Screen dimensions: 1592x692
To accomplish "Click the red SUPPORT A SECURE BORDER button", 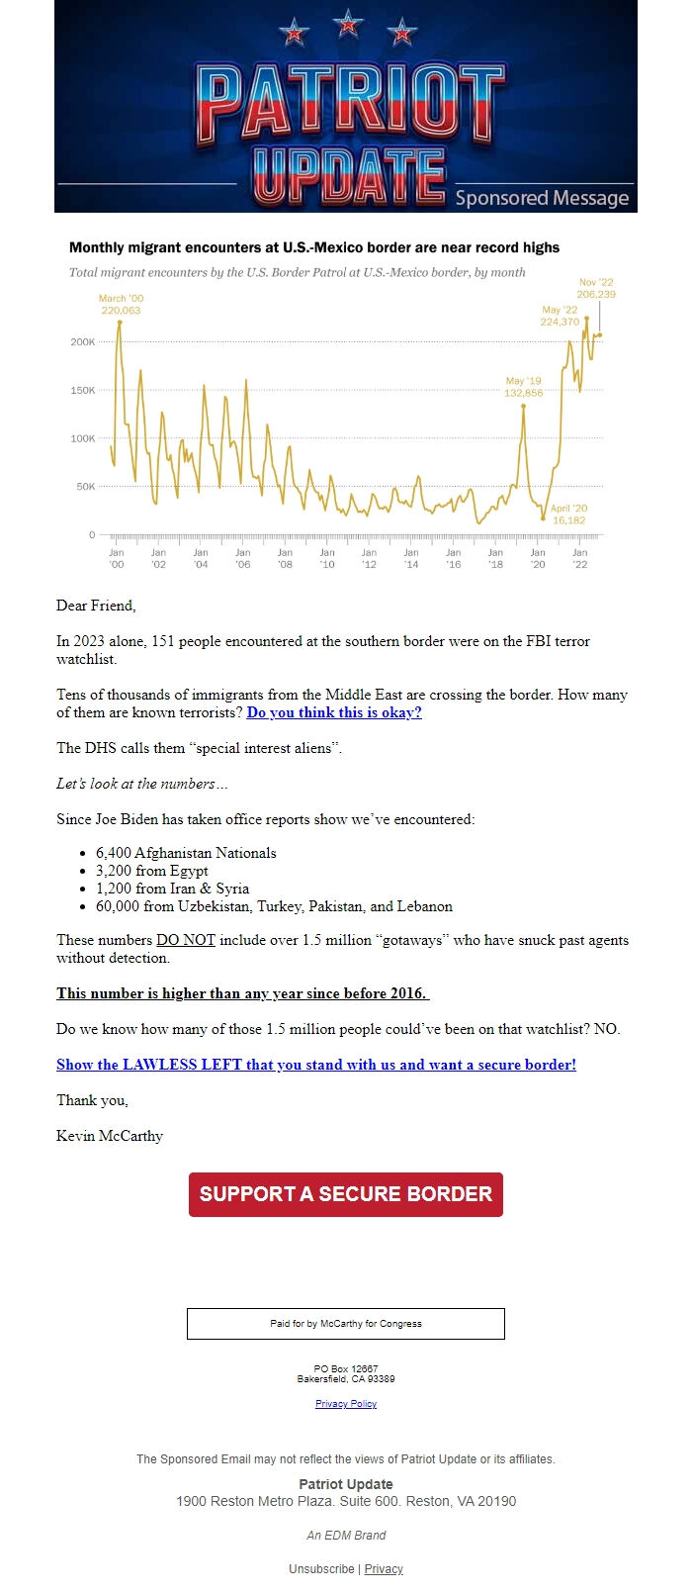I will tap(346, 1194).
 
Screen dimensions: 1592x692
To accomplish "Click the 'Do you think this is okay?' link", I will tap(334, 712).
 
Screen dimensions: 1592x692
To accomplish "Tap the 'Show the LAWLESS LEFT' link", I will tap(316, 1065).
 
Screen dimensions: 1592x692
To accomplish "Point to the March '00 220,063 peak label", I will tap(122, 305).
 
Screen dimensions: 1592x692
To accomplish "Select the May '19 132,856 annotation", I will tap(523, 387).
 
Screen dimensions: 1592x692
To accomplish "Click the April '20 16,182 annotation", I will tap(568, 515).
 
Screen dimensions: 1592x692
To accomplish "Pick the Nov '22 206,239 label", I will tap(596, 288).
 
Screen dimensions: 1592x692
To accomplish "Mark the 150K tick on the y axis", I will tap(82, 390).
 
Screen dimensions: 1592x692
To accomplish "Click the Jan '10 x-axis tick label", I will tap(327, 558).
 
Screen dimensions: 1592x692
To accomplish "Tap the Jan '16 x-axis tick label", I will tap(453, 558).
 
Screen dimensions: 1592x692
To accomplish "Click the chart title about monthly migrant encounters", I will tap(314, 247).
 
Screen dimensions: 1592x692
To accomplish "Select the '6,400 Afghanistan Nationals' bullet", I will tap(186, 853).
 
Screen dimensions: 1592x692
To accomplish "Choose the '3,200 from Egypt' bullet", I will tap(152, 871).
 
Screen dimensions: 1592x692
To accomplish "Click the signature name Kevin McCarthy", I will tap(110, 1136).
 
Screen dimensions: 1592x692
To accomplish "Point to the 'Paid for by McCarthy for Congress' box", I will tap(346, 1324).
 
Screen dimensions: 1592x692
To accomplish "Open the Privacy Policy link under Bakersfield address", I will tap(346, 1404).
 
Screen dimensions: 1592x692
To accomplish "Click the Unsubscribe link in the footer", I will tap(321, 1569).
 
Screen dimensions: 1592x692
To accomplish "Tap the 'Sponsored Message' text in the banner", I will tap(542, 198).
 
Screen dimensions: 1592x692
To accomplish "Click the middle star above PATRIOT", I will tap(348, 24).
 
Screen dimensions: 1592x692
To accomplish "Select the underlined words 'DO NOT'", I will tap(186, 940).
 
